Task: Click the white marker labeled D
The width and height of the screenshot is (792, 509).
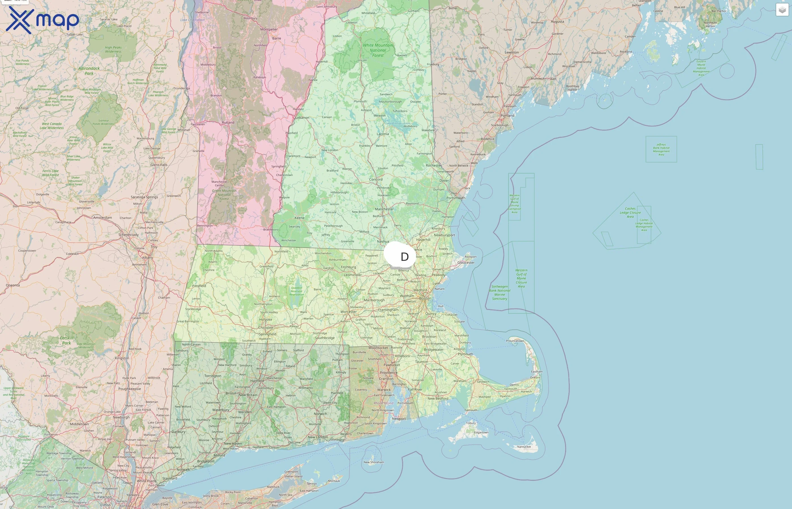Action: click(x=400, y=256)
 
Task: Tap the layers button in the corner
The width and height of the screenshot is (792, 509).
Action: click(x=782, y=10)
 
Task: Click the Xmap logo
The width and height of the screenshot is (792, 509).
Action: click(x=42, y=20)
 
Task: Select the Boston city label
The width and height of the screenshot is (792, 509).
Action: click(x=425, y=298)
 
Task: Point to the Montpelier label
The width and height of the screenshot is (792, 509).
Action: click(x=269, y=29)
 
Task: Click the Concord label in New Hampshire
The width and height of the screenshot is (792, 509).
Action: click(x=376, y=180)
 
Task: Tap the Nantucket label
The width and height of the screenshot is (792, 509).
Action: click(x=524, y=447)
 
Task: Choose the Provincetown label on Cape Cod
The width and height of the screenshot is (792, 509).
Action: click(x=515, y=341)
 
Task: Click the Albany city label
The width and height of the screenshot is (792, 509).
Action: click(x=147, y=258)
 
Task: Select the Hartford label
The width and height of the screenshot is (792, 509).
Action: click(x=257, y=381)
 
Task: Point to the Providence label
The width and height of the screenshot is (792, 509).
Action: click(x=389, y=372)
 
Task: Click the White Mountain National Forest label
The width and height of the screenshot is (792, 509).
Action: click(x=378, y=50)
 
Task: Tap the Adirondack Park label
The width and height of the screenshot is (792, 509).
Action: click(x=89, y=71)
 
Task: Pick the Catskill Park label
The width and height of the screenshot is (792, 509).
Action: click(x=66, y=340)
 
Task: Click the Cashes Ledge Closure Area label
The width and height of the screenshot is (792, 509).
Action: click(x=630, y=213)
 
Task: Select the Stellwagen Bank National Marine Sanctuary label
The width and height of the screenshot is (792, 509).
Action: click(x=500, y=292)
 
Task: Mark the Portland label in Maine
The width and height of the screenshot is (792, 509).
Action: click(x=507, y=116)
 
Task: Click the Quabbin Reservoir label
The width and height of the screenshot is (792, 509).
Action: click(x=296, y=291)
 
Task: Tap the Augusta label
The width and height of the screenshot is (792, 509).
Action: click(x=557, y=22)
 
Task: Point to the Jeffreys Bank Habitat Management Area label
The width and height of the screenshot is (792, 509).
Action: click(x=661, y=149)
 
